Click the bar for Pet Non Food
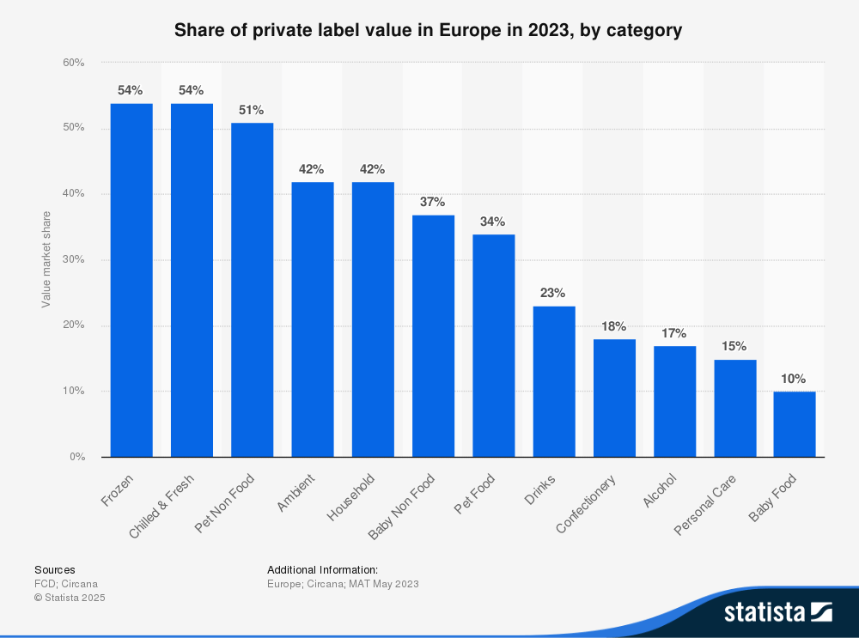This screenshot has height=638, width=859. point(253,290)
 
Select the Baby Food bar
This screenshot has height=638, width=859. point(795,424)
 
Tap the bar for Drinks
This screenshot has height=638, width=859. point(554,381)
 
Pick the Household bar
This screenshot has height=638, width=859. point(373,319)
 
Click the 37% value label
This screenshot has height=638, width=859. point(432,202)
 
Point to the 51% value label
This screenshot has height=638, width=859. point(252,110)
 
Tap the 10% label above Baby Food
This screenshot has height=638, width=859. point(795,379)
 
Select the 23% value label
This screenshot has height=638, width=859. point(553,293)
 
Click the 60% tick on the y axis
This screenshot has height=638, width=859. point(73,63)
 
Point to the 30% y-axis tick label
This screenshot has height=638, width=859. point(73,260)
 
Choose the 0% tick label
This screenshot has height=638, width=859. point(76,457)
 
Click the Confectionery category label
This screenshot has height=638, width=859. point(587,503)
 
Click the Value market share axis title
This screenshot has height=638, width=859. point(46,259)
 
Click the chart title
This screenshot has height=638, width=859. point(429,31)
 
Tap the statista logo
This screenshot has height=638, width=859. point(777,611)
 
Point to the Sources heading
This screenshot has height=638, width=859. point(54,569)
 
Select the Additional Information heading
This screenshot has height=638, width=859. point(322,569)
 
